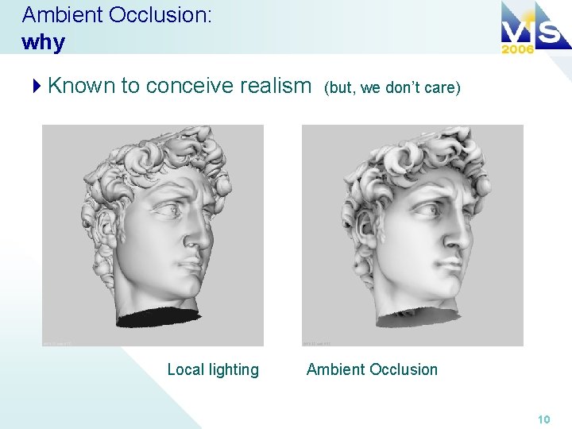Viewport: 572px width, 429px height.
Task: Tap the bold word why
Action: pos(44,42)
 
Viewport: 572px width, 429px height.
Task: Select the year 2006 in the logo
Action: pos(518,48)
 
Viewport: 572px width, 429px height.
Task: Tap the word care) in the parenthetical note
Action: pos(443,87)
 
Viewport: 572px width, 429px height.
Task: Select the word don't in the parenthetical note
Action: pos(404,87)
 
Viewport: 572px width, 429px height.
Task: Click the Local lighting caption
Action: pos(212,369)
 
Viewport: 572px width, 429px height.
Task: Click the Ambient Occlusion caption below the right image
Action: pos(372,369)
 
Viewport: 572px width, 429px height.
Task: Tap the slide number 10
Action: pos(543,419)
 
